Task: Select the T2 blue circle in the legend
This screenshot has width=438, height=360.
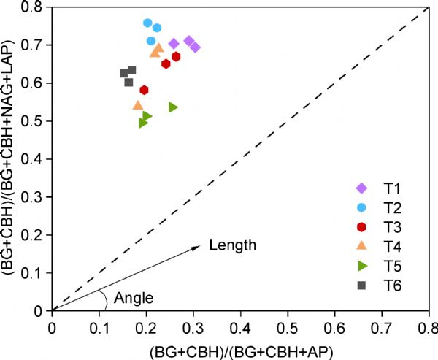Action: pyautogui.click(x=361, y=208)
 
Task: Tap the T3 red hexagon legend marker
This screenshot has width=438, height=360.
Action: pyautogui.click(x=361, y=227)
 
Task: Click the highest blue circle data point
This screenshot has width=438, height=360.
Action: pyautogui.click(x=147, y=23)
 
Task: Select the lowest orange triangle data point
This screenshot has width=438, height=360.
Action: pyautogui.click(x=138, y=105)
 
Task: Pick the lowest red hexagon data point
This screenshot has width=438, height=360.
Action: pyautogui.click(x=145, y=90)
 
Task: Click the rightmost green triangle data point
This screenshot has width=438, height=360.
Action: pyautogui.click(x=173, y=107)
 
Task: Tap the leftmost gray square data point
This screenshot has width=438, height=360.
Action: pyautogui.click(x=124, y=73)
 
